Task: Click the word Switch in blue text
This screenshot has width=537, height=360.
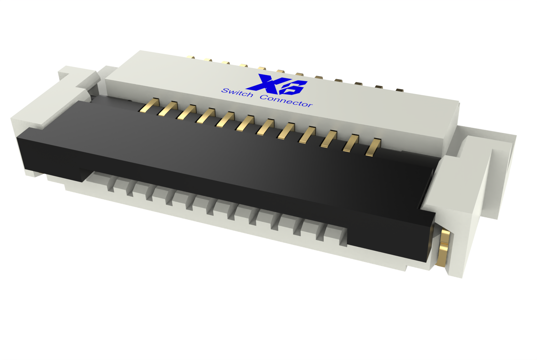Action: (x=237, y=92)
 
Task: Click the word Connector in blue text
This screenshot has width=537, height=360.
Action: (x=286, y=101)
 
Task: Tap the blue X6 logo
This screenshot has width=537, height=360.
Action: (x=281, y=84)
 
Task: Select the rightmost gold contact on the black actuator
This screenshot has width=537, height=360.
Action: (x=373, y=148)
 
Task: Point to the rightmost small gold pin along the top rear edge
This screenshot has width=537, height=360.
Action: (x=399, y=90)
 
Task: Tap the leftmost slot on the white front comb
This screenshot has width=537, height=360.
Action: (x=110, y=186)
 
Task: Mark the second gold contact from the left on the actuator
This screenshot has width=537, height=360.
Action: (x=168, y=109)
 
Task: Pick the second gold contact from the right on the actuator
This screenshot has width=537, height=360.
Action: (x=351, y=143)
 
